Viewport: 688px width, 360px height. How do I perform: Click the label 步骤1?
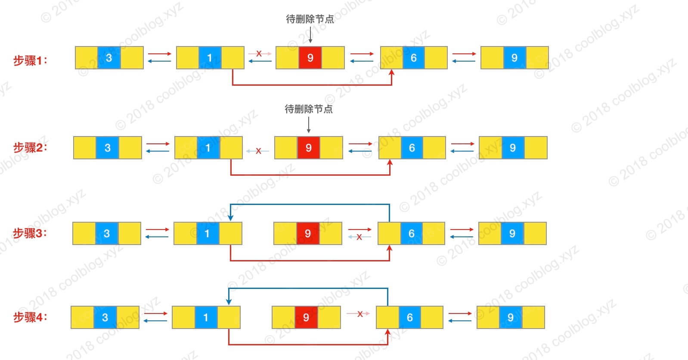(x=30, y=60)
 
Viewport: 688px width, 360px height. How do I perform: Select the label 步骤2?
(x=30, y=148)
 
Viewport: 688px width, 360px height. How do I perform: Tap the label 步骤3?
(x=30, y=233)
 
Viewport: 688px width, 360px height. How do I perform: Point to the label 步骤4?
(x=30, y=317)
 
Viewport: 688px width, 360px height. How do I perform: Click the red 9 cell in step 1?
(x=310, y=58)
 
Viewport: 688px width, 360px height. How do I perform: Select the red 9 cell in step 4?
(x=306, y=317)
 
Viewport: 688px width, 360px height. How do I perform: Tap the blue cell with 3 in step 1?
(x=109, y=58)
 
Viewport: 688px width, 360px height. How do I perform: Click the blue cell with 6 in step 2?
(x=412, y=148)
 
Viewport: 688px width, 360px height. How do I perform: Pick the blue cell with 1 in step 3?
(x=207, y=233)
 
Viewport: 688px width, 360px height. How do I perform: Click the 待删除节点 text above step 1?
(x=310, y=19)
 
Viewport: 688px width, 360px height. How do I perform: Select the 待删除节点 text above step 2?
(x=309, y=109)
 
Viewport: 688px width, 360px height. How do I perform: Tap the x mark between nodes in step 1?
(x=259, y=53)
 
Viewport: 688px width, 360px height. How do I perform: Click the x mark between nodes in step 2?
(x=258, y=151)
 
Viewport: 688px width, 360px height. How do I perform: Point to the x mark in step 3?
(x=359, y=237)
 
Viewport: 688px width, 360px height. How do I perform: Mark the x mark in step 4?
(x=360, y=314)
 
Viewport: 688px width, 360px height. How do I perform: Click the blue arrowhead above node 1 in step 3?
(x=231, y=218)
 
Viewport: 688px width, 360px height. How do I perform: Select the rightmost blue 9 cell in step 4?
(x=511, y=317)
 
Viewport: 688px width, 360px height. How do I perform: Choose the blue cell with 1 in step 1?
(x=210, y=58)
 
